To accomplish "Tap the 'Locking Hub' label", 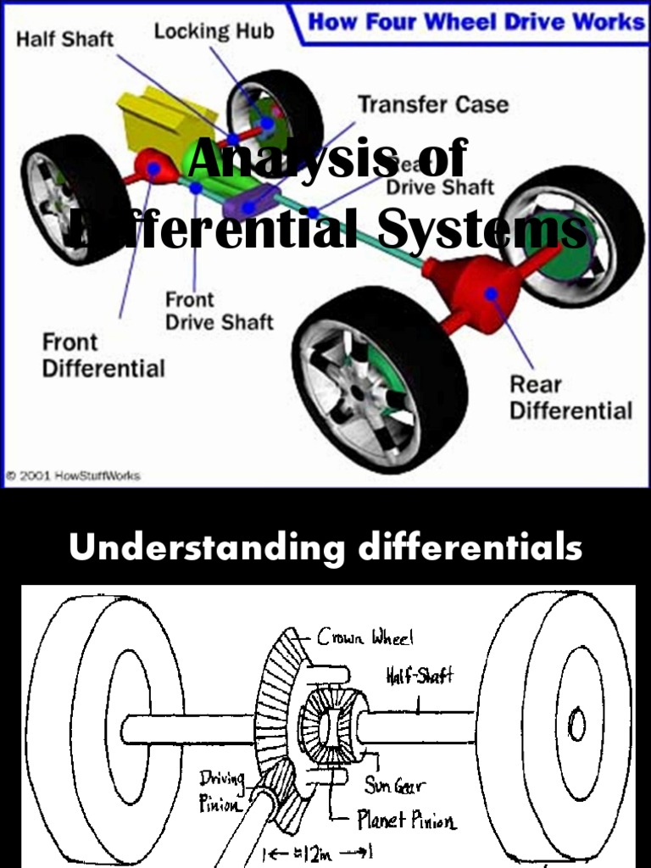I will (214, 32).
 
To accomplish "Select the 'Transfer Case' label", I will (433, 105).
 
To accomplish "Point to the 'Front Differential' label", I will (103, 355).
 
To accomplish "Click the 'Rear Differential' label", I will (570, 398).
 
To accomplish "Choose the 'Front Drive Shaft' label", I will (219, 310).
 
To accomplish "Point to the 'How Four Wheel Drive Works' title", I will (476, 21).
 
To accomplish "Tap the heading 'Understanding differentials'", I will (325, 548).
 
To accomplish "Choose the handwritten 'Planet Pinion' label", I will (407, 821).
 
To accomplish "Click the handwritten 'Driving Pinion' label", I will (223, 790).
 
